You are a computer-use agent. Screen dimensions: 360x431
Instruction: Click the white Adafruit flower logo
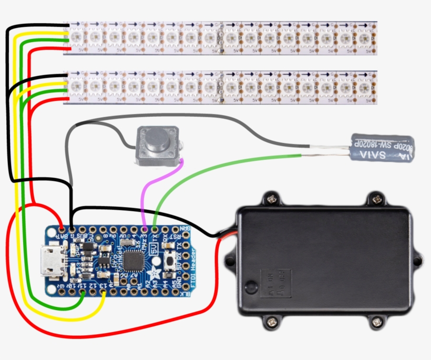pyautogui.click(x=154, y=272)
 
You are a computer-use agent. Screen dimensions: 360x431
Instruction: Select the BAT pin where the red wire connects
pyautogui.click(x=61, y=230)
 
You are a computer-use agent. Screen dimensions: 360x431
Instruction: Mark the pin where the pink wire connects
pyautogui.click(x=145, y=230)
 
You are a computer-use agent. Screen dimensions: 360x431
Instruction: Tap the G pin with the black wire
pyautogui.click(x=72, y=230)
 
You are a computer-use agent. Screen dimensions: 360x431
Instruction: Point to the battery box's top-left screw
pyautogui.click(x=271, y=199)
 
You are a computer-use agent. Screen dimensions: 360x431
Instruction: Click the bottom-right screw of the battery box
pyautogui.click(x=376, y=321)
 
